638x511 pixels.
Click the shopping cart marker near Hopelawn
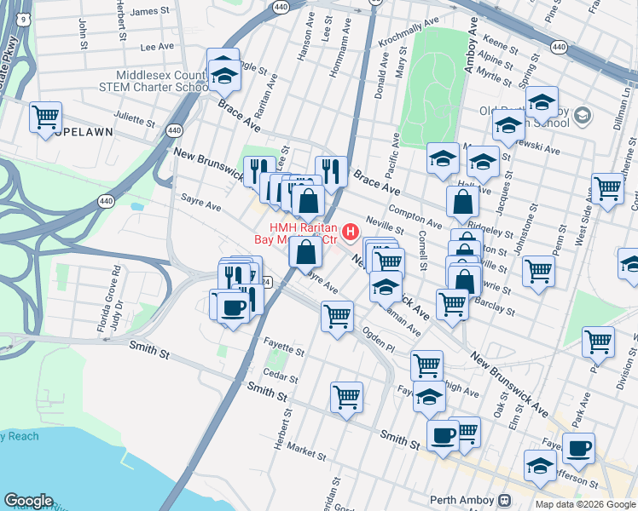(x=45, y=117)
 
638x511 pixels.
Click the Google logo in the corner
(x=28, y=501)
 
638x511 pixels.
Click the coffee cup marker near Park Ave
(x=578, y=447)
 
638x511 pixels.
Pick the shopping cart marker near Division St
(x=598, y=342)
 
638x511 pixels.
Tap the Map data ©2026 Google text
(x=584, y=504)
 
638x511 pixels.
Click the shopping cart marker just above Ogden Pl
(x=337, y=316)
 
